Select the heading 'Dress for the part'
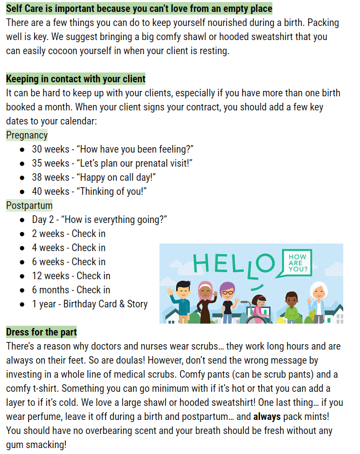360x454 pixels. point(41,332)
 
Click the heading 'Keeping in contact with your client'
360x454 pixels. point(76,79)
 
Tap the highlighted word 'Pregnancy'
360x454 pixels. point(27,135)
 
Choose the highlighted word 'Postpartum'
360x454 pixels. point(29,206)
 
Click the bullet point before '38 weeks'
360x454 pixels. point(22,177)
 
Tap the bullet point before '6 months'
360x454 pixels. point(22,290)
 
